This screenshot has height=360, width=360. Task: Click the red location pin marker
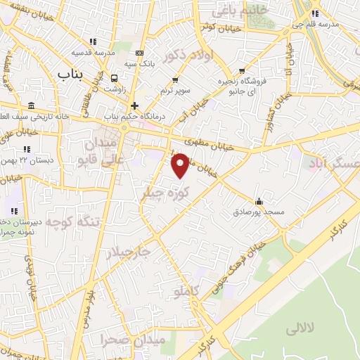click(180, 165)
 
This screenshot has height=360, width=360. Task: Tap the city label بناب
click(70, 73)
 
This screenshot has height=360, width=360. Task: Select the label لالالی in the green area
click(303, 329)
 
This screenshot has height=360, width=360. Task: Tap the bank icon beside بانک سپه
click(139, 53)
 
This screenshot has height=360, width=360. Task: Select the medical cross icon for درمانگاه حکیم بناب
click(134, 105)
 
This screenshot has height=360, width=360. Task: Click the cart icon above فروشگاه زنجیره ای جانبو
click(243, 70)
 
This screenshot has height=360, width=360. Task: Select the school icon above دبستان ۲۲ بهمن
click(27, 149)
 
